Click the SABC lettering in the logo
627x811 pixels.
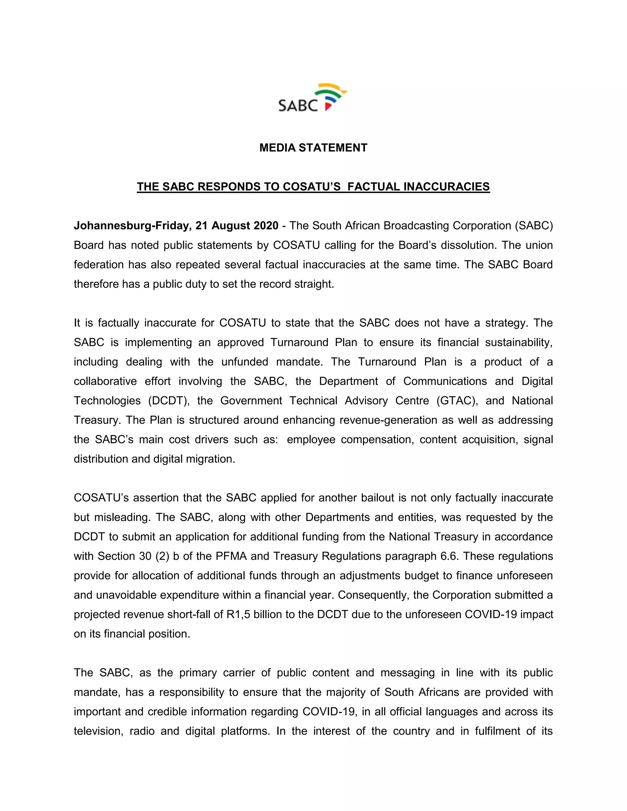(298, 106)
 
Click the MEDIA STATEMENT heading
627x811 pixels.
(313, 148)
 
